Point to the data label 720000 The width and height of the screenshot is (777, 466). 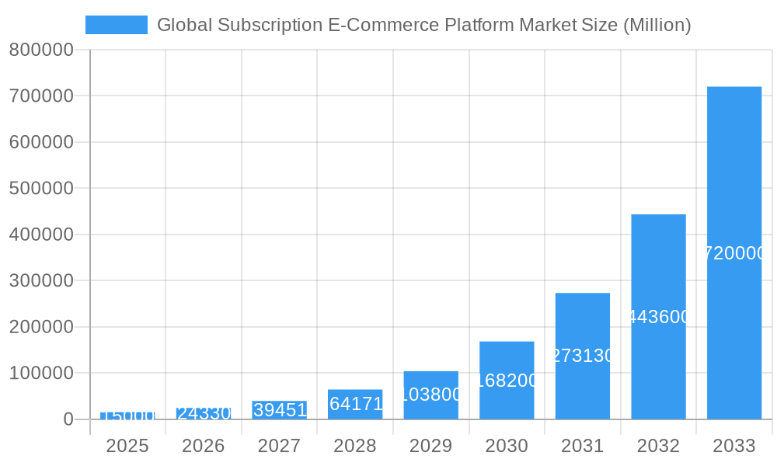(733, 253)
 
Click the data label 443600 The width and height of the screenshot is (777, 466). (658, 317)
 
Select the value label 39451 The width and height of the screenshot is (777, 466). (280, 410)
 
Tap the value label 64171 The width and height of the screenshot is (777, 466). (356, 404)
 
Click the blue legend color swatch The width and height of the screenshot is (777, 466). (116, 25)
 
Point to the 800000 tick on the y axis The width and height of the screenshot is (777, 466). (41, 50)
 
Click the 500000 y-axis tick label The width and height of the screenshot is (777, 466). (41, 188)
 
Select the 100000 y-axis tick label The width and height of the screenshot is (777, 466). (41, 373)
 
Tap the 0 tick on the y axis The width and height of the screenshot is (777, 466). (68, 419)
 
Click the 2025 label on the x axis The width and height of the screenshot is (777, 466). (127, 446)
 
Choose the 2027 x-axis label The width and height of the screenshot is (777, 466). (279, 446)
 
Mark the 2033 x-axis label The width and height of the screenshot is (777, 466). (733, 446)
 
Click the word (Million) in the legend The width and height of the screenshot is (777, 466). (657, 25)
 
